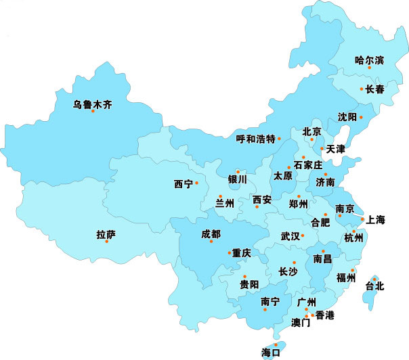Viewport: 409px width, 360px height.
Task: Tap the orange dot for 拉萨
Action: pos(106,242)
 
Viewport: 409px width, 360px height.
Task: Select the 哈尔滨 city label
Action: pos(369,60)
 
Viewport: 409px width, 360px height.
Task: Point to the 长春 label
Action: pos(374,89)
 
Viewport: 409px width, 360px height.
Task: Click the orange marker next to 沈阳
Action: pos(361,117)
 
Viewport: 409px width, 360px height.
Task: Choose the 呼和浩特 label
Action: pos(256,139)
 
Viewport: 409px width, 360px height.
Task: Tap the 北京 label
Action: pos(311,131)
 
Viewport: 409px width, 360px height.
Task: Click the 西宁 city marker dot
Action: pos(196,183)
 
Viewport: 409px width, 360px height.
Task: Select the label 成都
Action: pos(211,234)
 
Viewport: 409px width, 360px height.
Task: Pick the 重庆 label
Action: pos(242,253)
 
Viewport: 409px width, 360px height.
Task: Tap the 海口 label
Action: pos(271,352)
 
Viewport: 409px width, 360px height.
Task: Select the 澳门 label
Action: pos(301,323)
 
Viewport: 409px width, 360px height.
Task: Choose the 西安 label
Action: pos(262,200)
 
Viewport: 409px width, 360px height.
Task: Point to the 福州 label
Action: pos(346,277)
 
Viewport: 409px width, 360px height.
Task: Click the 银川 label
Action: pos(238,179)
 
